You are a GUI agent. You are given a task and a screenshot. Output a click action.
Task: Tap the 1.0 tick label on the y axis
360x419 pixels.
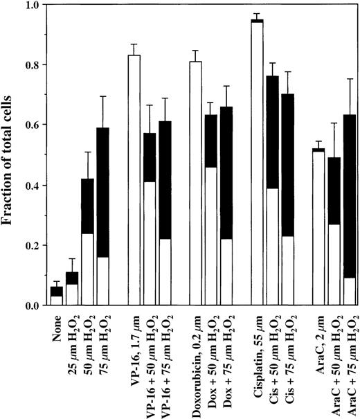[x=33, y=6]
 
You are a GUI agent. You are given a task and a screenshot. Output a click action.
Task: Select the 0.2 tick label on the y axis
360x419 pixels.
[x=33, y=245]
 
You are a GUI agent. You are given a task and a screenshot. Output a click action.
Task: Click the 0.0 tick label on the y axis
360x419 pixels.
[x=33, y=305]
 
